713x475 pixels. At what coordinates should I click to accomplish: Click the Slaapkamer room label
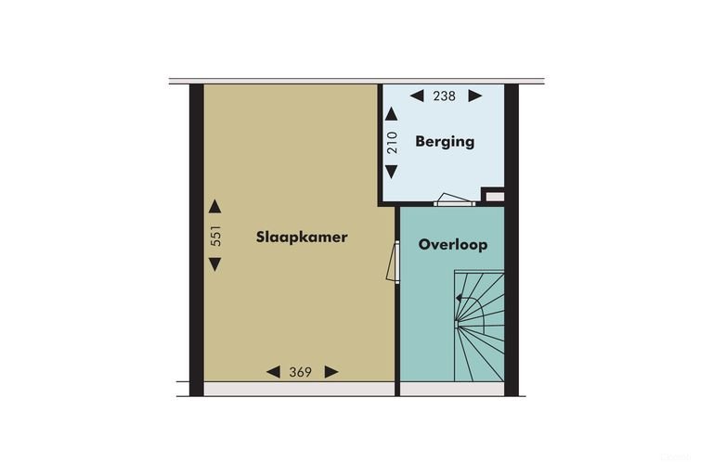(302, 237)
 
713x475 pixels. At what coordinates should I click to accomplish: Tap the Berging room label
(445, 141)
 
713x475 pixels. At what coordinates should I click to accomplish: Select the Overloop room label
(453, 245)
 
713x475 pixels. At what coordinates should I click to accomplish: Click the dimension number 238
(445, 96)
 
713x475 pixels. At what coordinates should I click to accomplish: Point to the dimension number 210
(392, 142)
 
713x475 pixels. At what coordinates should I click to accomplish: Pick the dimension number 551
(215, 236)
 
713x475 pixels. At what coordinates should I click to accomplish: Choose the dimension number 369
(301, 372)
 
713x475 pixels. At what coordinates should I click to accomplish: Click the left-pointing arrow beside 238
(417, 96)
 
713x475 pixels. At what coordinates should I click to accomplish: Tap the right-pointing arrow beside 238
(475, 96)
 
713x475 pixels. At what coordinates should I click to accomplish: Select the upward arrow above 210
(392, 113)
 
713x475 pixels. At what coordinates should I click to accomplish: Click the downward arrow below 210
(392, 172)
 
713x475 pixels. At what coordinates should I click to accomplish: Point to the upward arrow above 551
(215, 206)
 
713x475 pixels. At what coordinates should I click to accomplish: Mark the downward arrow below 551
(215, 264)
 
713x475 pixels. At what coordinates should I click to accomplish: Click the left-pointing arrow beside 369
(273, 372)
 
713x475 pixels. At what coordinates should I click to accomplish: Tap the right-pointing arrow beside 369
(331, 372)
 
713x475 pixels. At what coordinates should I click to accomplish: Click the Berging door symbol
(454, 200)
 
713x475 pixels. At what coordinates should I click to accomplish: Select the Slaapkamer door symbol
(394, 263)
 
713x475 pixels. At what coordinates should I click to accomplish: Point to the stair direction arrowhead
(459, 299)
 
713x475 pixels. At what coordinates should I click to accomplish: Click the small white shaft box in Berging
(494, 197)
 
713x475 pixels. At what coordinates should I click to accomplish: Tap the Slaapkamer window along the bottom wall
(299, 389)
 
